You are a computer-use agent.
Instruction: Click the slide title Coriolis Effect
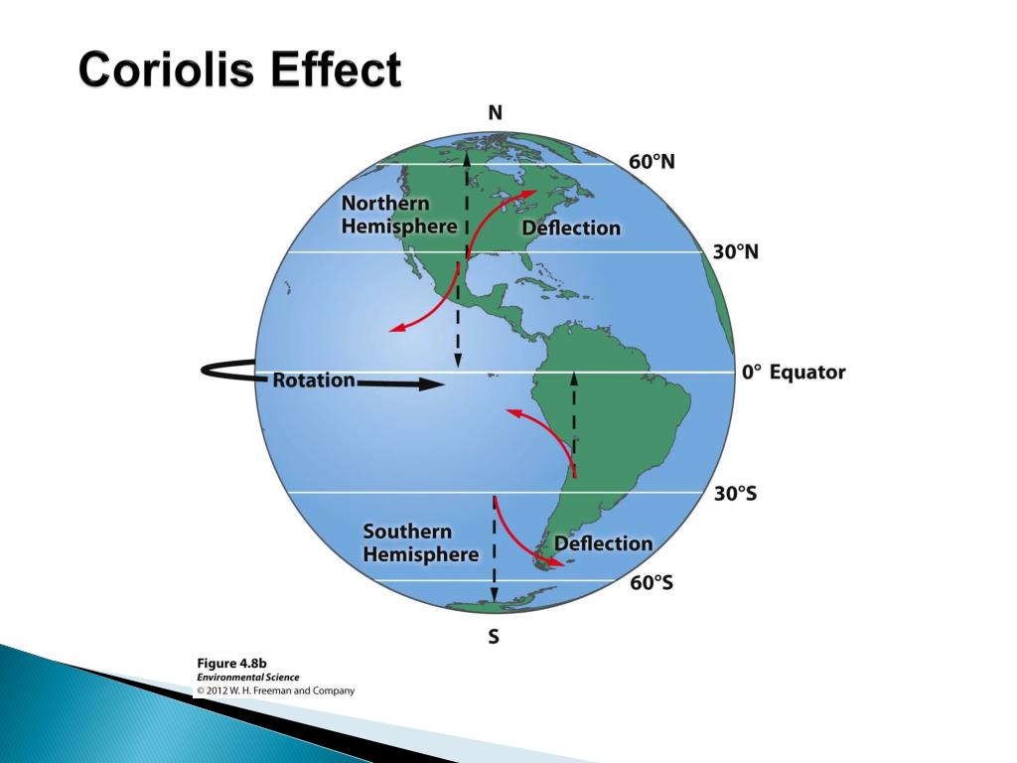[240, 72]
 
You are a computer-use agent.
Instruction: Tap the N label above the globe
[495, 113]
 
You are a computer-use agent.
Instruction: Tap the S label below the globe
[494, 638]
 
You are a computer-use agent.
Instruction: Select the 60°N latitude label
[652, 162]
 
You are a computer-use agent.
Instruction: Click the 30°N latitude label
[736, 252]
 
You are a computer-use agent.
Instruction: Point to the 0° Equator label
[793, 373]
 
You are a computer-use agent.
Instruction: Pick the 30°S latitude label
[735, 494]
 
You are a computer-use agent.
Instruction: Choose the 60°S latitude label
[652, 582]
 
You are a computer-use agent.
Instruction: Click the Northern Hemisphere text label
[399, 215]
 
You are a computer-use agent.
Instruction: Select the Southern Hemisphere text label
[420, 543]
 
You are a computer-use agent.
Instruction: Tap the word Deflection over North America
[571, 228]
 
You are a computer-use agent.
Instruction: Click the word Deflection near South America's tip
[603, 543]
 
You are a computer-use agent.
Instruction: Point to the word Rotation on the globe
[314, 380]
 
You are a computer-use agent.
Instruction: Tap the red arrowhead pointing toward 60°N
[531, 194]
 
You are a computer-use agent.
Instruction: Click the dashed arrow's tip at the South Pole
[494, 598]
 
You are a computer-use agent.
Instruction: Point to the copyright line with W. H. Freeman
[275, 689]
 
